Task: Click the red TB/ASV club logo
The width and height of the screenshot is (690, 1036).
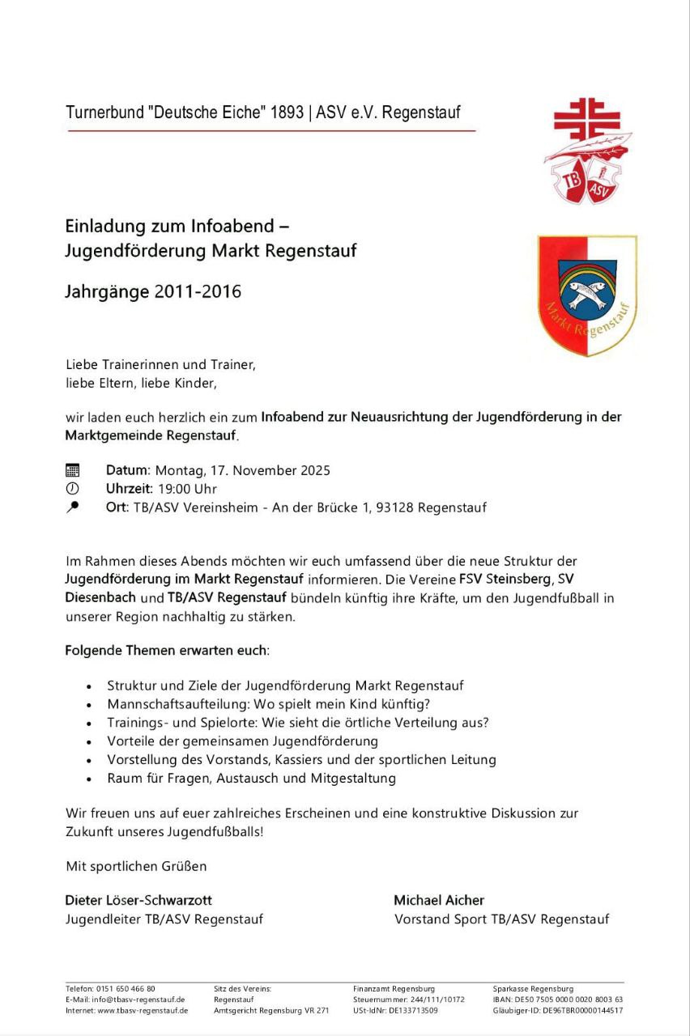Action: (x=587, y=151)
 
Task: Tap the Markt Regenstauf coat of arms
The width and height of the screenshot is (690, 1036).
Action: (x=587, y=295)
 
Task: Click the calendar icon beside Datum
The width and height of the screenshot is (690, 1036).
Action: (x=73, y=470)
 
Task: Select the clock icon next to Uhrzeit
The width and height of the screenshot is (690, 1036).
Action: (x=73, y=489)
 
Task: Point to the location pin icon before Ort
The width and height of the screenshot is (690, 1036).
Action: (x=73, y=507)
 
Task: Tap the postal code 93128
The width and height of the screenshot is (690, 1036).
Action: (x=394, y=508)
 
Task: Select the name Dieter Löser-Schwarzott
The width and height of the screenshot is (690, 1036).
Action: (x=138, y=900)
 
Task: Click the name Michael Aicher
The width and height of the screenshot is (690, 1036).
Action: (x=439, y=900)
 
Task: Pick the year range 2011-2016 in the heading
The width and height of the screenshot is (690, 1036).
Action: (x=198, y=291)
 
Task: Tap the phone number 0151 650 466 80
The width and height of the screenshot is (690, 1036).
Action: (x=126, y=989)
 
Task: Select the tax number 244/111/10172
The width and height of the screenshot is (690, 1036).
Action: (x=437, y=1000)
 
